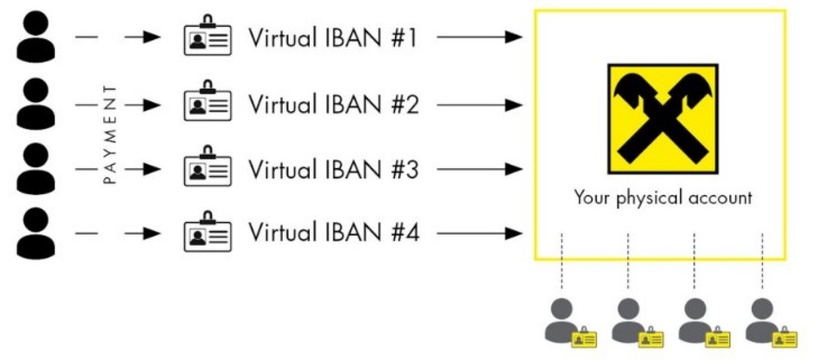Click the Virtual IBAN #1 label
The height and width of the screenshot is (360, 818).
pos(333,38)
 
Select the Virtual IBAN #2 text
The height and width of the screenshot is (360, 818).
pos(333,105)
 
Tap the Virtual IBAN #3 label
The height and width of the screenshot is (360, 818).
pos(333,169)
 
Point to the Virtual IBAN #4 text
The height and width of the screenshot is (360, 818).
pos(333,233)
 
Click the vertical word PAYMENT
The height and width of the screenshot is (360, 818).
pos(110,134)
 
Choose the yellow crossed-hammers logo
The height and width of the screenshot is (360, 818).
pos(663,119)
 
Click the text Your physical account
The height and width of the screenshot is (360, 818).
pos(663,198)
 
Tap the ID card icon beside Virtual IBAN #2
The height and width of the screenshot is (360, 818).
pos(207,104)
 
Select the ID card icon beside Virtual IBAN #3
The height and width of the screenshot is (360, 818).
pos(207,168)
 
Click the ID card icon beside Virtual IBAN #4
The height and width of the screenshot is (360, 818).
pos(207,233)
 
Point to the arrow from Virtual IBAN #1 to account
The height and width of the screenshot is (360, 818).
pos(479,38)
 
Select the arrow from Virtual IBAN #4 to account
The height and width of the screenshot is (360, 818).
pos(479,234)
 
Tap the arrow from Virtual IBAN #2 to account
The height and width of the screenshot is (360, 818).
pos(479,105)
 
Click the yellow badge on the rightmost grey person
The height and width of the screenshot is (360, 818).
pos(784,339)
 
